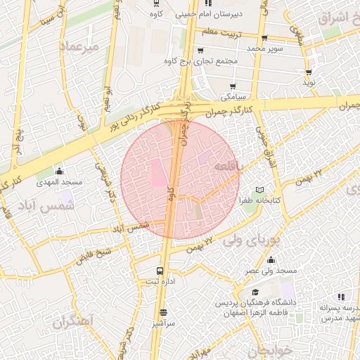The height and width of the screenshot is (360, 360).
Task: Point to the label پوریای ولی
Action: pyautogui.click(x=251, y=239)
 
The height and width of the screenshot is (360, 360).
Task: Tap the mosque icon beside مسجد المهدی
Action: pyautogui.click(x=59, y=171)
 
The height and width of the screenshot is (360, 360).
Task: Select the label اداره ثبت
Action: pyautogui.click(x=161, y=281)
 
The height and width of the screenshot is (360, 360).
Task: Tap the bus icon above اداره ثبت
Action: pyautogui.click(x=161, y=271)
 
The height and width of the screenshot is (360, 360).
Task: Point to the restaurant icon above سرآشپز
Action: pyautogui.click(x=163, y=312)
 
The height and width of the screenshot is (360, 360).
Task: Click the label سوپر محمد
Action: pyautogui.click(x=264, y=49)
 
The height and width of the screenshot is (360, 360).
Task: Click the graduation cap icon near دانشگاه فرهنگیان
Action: pyautogui.click(x=254, y=292)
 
